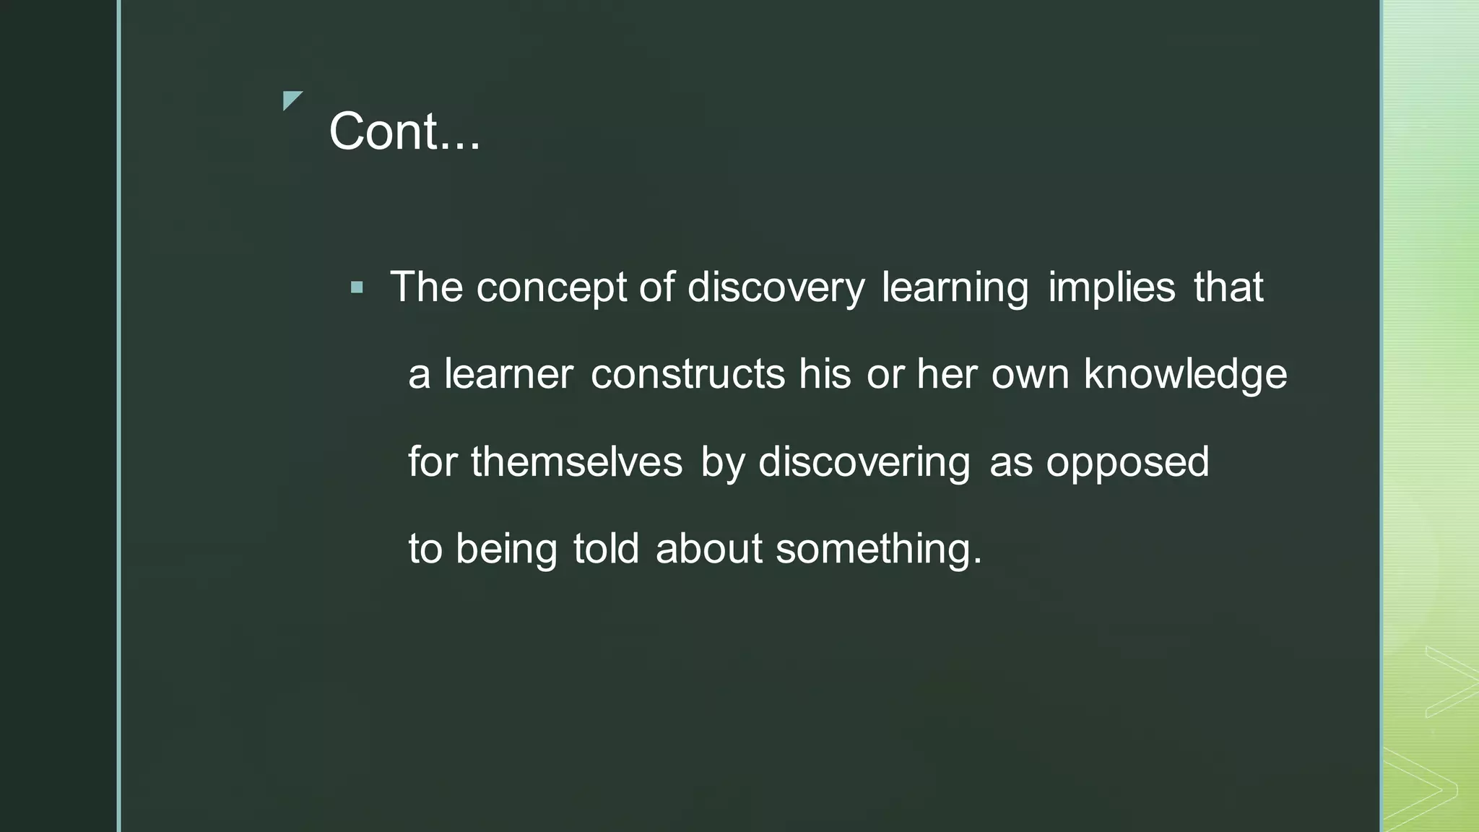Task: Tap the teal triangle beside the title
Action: (x=291, y=100)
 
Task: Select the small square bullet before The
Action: (x=357, y=288)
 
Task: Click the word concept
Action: (x=551, y=288)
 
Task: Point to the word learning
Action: (x=955, y=288)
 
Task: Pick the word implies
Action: (x=1111, y=288)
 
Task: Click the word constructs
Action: (x=688, y=374)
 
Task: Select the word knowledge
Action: (x=1185, y=376)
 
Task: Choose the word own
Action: (x=1030, y=376)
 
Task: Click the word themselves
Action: (x=576, y=461)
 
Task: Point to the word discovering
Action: (x=864, y=463)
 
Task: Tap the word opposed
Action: (x=1127, y=463)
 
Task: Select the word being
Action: (x=506, y=550)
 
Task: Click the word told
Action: (x=606, y=548)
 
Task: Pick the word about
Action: (x=708, y=548)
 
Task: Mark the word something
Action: (x=878, y=550)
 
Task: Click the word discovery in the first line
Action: (x=776, y=288)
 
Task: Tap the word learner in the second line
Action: (x=508, y=374)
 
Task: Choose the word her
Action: (x=946, y=374)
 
